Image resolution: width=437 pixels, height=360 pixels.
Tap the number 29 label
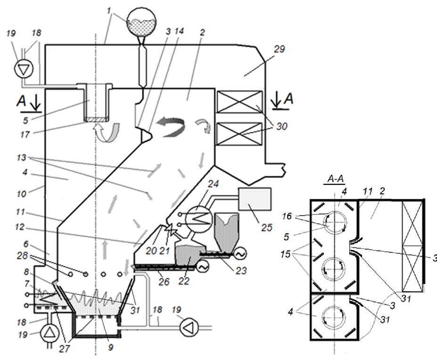[x=279, y=50]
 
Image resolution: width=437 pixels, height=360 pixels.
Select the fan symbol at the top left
[x=24, y=68]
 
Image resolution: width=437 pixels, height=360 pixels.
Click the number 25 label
[x=266, y=227]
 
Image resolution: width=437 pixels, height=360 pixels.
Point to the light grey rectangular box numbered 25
[x=255, y=199]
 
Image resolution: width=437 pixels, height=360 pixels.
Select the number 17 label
[x=25, y=134]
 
